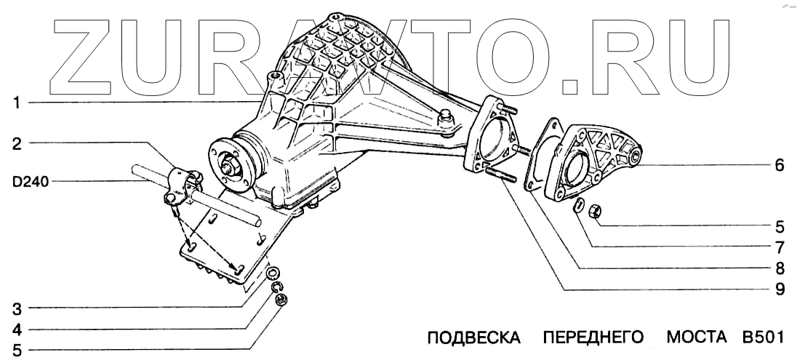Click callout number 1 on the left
(x=15, y=103)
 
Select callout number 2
(x=15, y=143)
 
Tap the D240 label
(x=30, y=182)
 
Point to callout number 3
(x=15, y=307)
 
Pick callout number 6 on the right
(x=779, y=165)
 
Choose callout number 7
(x=779, y=246)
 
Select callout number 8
(x=779, y=268)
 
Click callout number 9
(x=779, y=289)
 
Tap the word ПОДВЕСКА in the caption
(x=474, y=338)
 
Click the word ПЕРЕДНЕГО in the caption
(x=593, y=338)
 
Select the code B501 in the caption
(x=761, y=338)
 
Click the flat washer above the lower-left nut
(x=273, y=274)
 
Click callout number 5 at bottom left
(x=15, y=351)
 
